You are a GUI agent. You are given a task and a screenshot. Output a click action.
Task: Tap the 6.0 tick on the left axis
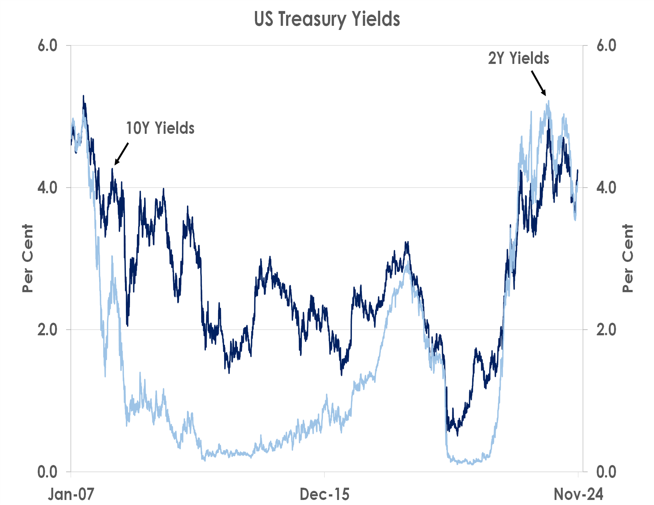coord(48,46)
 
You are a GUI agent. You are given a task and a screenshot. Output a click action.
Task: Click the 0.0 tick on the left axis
coord(48,472)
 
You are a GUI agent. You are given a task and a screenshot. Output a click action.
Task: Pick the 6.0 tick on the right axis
coord(606,46)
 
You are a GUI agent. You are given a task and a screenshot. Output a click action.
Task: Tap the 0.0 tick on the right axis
coord(606,472)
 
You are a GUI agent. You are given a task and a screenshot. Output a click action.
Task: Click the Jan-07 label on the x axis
coord(71,494)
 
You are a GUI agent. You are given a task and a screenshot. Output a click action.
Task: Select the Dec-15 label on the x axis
coord(324,494)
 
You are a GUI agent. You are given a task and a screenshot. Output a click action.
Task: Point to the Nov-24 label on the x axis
coord(578,494)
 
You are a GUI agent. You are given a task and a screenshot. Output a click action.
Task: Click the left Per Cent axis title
coord(28,258)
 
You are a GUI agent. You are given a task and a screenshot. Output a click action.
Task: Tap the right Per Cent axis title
coord(628,258)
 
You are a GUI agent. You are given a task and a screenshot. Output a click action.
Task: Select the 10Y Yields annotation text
coord(160,128)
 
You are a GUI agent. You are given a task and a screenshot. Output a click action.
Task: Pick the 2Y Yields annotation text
coord(519,58)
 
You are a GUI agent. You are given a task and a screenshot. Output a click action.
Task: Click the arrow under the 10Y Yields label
coord(121,154)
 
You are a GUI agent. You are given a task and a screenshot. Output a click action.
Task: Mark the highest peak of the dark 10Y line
coord(83,96)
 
